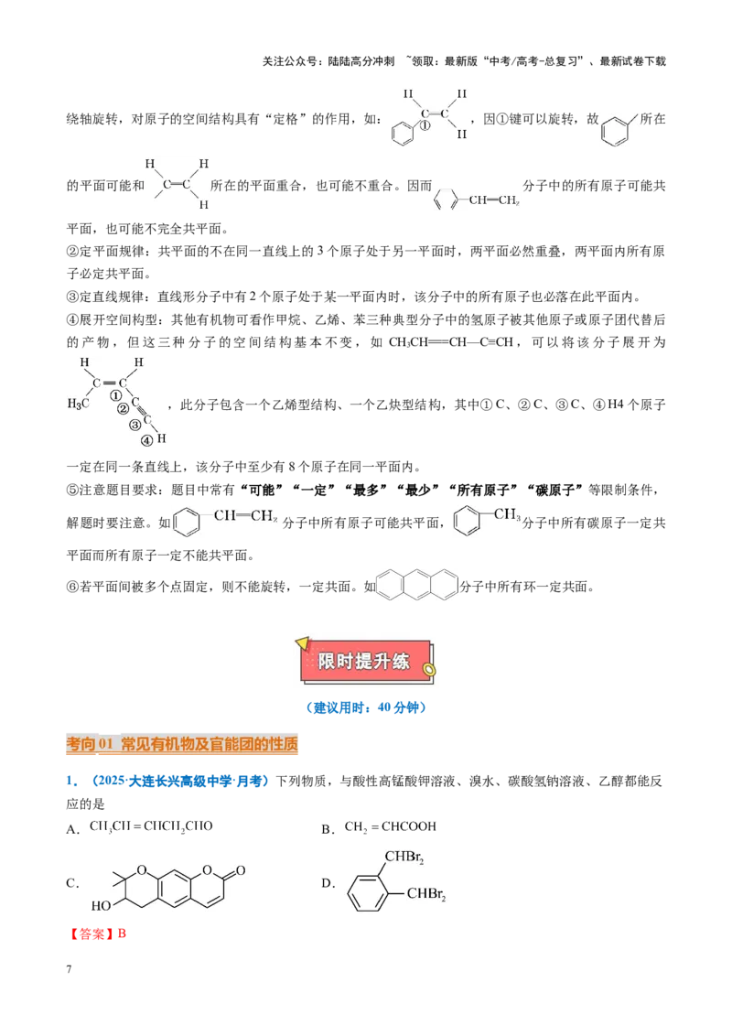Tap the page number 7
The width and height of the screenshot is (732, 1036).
click(69, 969)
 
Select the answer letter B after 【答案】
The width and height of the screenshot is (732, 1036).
click(122, 933)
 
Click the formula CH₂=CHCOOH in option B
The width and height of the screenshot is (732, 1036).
click(391, 826)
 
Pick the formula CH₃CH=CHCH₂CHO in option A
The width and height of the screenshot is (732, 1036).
click(151, 826)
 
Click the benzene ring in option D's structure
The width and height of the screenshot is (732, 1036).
click(369, 893)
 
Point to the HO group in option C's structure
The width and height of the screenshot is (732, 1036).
click(101, 906)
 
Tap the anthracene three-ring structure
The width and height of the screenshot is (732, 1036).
click(417, 584)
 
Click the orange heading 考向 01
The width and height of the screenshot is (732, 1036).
click(91, 744)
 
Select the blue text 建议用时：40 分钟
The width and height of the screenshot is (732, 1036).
click(366, 707)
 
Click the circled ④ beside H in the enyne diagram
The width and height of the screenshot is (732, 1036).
click(146, 441)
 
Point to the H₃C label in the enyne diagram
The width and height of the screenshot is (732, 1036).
click(78, 404)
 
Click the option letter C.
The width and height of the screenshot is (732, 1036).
click(71, 883)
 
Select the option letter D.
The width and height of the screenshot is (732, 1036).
click(327, 883)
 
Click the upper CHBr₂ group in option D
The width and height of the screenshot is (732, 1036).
click(404, 858)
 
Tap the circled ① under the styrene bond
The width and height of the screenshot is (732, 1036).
click(425, 124)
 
